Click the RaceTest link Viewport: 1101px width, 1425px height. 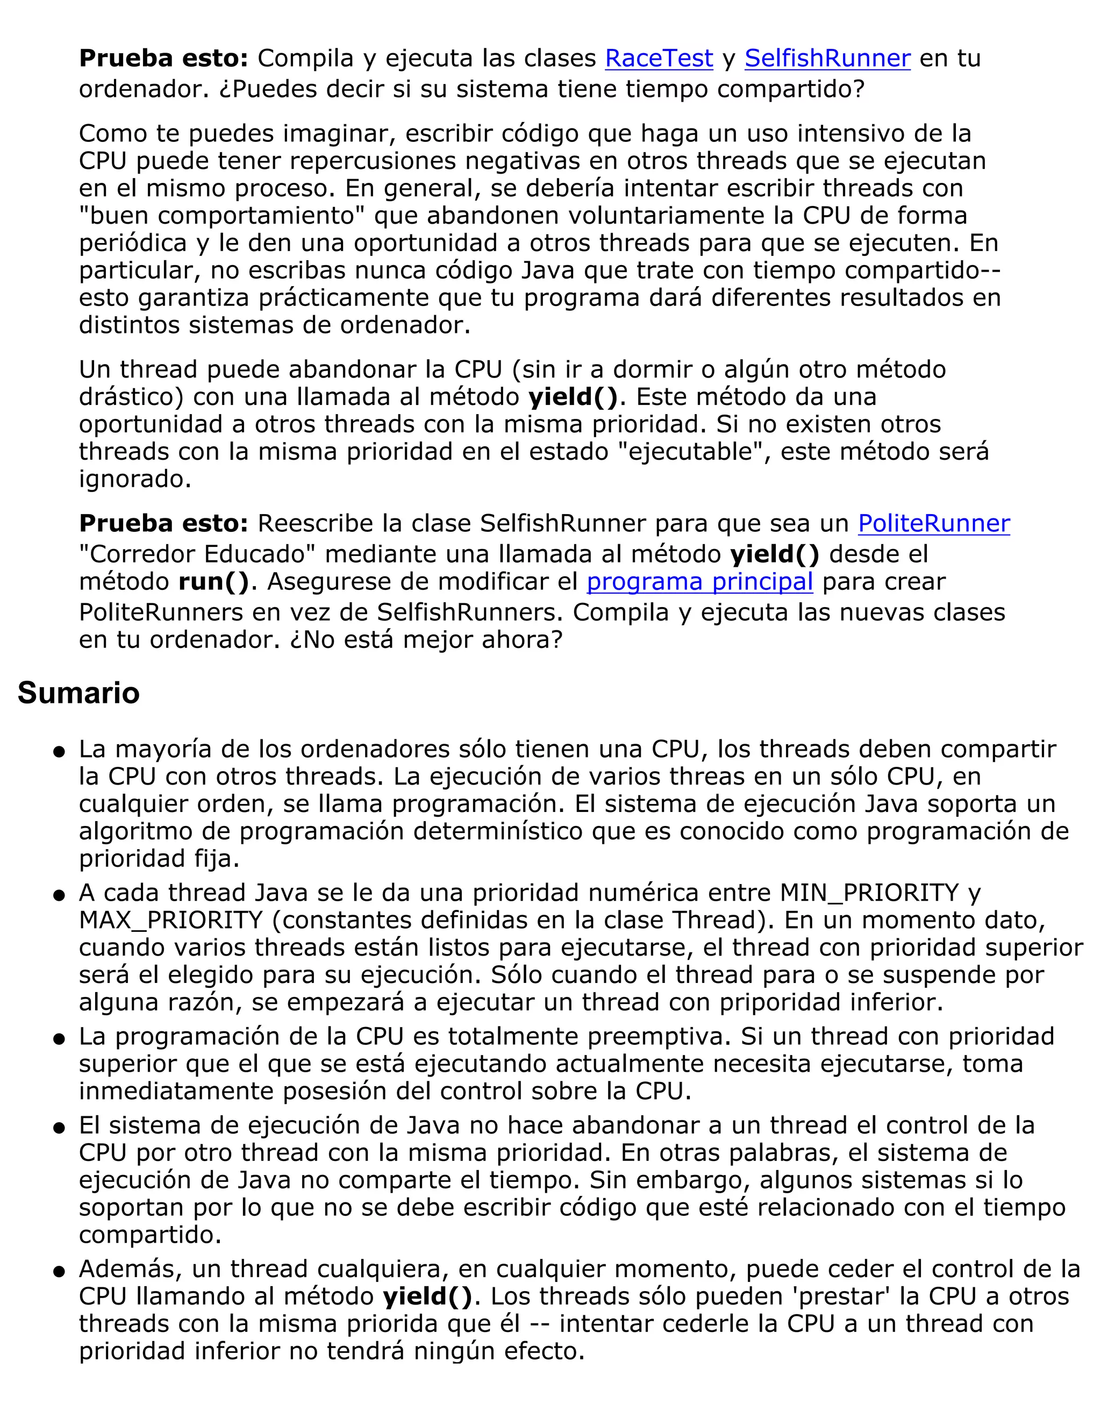pyautogui.click(x=659, y=59)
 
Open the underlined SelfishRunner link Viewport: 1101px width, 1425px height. pyautogui.click(x=827, y=59)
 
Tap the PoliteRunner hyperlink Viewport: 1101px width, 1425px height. pyautogui.click(x=933, y=524)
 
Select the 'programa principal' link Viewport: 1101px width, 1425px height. pyautogui.click(x=699, y=581)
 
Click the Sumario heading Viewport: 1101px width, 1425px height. pyautogui.click(x=78, y=693)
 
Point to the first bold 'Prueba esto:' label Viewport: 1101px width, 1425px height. pyautogui.click(x=163, y=59)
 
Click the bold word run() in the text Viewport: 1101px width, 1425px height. pyautogui.click(x=213, y=581)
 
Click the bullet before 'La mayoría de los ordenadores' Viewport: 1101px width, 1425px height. pyautogui.click(x=59, y=752)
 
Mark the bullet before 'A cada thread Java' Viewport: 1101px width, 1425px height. pyautogui.click(x=59, y=896)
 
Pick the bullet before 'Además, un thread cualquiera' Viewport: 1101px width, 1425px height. pyautogui.click(x=59, y=1272)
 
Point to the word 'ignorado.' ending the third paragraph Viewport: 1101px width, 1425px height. pyautogui.click(x=135, y=479)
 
